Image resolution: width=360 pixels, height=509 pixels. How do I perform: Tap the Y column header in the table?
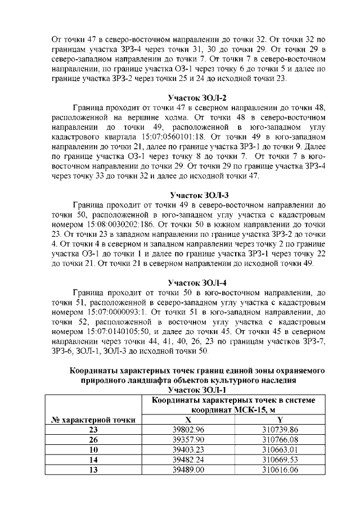280,420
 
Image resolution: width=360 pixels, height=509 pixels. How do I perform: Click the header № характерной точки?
92,420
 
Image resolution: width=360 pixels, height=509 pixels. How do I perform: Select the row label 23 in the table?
92,430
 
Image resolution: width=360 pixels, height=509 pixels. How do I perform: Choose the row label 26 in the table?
92,440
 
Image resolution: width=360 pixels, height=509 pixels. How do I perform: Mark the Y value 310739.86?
280,430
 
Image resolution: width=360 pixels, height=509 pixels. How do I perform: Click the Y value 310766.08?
280,440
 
